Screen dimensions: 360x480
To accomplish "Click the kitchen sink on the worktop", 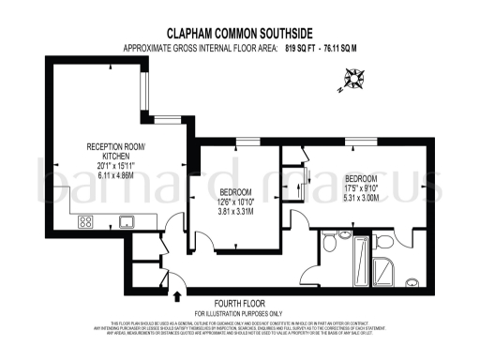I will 126,222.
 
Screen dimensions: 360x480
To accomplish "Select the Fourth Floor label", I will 239,304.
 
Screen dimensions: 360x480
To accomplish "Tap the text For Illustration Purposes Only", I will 239,313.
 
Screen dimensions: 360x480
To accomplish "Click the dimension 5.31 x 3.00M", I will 361,197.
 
